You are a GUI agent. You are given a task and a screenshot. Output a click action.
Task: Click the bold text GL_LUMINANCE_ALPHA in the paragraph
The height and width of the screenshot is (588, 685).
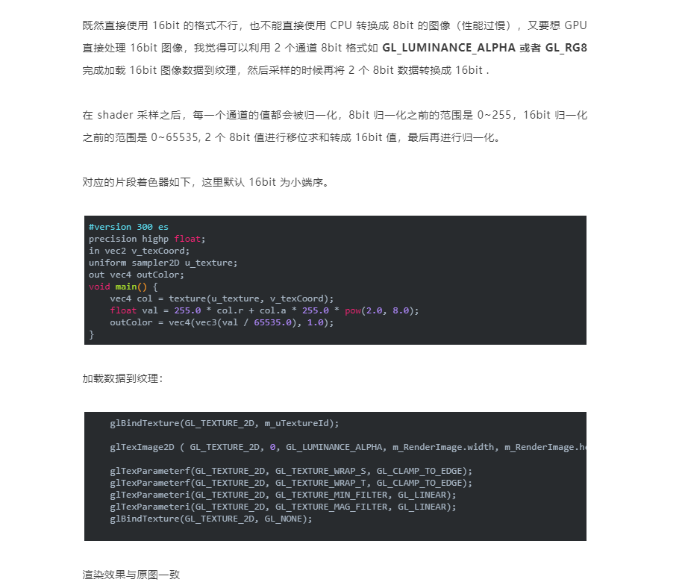(x=448, y=49)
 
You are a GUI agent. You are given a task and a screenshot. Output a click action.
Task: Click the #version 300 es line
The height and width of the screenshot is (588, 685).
(x=128, y=227)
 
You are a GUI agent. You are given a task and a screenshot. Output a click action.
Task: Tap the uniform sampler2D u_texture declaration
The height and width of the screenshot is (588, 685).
(x=163, y=263)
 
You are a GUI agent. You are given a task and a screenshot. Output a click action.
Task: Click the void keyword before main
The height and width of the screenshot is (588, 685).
(x=99, y=287)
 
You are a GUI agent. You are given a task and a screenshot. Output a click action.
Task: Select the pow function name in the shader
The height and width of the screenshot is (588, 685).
(x=353, y=310)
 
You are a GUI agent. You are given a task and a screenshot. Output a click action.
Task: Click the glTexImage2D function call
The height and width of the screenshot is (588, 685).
(x=142, y=447)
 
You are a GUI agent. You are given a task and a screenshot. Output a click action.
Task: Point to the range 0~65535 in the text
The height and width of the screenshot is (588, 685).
(x=175, y=137)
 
